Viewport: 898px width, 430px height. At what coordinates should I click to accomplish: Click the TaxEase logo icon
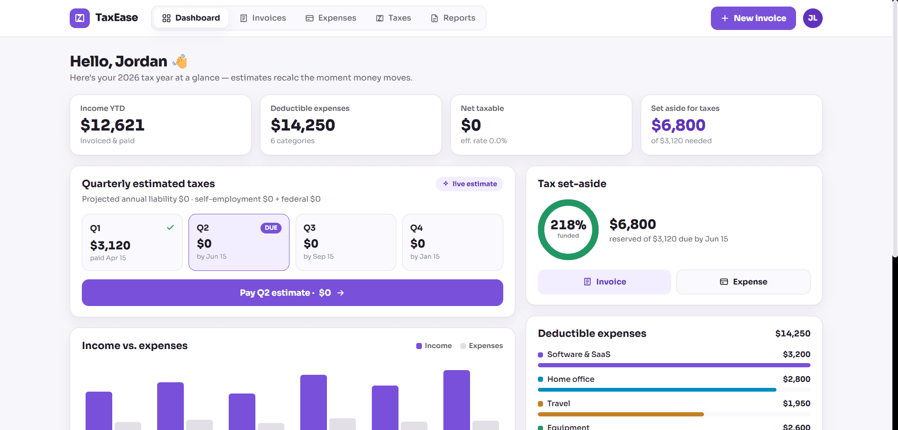click(x=80, y=18)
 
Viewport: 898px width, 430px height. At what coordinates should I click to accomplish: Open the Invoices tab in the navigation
click(x=263, y=18)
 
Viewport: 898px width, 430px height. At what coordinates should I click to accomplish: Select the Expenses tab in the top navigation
click(x=331, y=18)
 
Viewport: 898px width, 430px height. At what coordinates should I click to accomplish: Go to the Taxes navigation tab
click(x=393, y=18)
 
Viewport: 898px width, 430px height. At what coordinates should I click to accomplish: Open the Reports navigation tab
click(x=453, y=18)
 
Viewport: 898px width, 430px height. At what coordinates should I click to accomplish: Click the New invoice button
click(x=753, y=18)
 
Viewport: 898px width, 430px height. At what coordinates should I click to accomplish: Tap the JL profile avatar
click(x=813, y=18)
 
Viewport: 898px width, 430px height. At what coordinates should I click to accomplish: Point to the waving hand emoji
click(x=180, y=61)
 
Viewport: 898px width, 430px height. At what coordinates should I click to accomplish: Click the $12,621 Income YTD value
click(x=112, y=125)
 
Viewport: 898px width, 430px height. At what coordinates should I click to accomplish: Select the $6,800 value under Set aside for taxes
click(x=678, y=125)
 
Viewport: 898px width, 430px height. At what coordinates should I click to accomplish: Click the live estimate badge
click(x=470, y=184)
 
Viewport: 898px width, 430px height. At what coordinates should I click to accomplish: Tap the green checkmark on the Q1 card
click(x=170, y=227)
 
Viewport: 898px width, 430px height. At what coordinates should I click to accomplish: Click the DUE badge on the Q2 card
click(x=271, y=228)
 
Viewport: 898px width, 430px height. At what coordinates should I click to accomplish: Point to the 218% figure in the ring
click(x=568, y=225)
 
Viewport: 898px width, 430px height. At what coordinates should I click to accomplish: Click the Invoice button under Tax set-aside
click(x=604, y=282)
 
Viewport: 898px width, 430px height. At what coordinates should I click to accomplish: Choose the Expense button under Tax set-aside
click(x=743, y=282)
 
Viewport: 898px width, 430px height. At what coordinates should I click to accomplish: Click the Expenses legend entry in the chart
click(x=481, y=346)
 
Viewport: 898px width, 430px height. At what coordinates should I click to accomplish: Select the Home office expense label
click(x=571, y=379)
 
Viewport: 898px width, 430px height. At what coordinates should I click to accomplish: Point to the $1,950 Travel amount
click(x=797, y=403)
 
